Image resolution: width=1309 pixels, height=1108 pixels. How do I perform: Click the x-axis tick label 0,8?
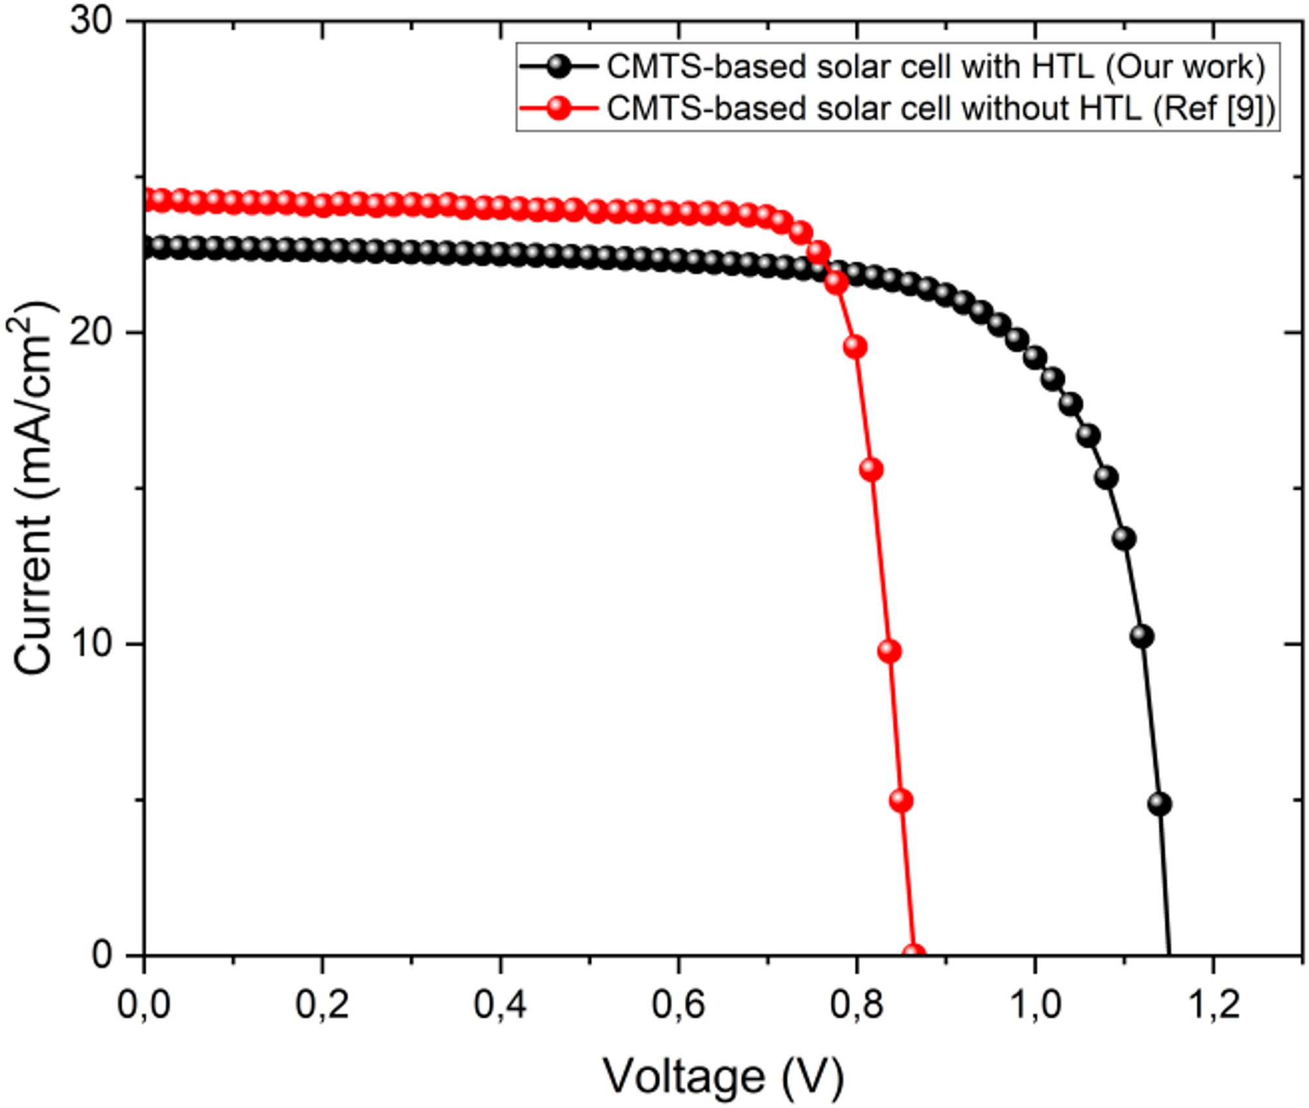(x=857, y=1005)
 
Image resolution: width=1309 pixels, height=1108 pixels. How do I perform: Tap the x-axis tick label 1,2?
(x=1214, y=1005)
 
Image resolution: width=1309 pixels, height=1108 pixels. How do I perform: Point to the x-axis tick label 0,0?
(x=144, y=1005)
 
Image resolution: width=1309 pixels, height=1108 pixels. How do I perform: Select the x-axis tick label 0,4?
(x=501, y=1005)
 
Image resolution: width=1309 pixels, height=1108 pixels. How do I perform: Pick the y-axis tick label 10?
(x=91, y=644)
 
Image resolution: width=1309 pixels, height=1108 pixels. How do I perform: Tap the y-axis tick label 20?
(x=91, y=333)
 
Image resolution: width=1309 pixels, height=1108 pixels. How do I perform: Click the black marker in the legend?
(x=559, y=67)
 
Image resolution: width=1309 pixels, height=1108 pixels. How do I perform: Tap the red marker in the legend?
(x=559, y=108)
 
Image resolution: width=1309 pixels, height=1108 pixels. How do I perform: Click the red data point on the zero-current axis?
(x=914, y=955)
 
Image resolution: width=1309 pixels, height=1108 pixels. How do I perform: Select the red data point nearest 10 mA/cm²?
(x=890, y=651)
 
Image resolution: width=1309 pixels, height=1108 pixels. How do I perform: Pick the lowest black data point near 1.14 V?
(x=1160, y=804)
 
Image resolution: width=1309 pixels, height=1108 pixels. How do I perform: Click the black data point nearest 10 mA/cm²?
(x=1141, y=636)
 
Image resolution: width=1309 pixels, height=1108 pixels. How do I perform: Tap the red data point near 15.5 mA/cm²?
(x=872, y=470)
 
